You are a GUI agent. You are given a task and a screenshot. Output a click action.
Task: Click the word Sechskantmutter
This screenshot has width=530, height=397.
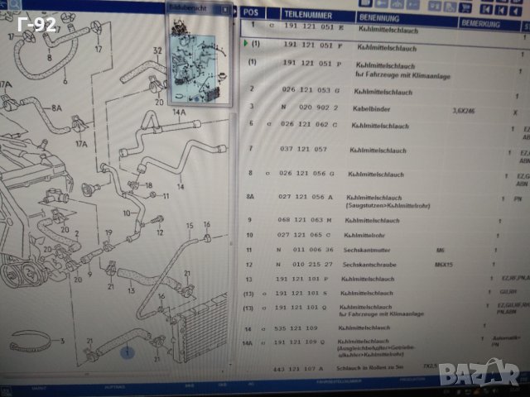[x=368, y=250]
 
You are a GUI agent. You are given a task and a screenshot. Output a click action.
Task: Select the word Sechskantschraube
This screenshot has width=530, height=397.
[x=371, y=265]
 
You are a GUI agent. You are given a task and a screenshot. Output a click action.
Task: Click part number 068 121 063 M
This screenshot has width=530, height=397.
[x=306, y=220]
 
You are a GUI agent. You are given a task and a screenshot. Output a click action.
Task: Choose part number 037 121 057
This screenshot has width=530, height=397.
[x=304, y=150]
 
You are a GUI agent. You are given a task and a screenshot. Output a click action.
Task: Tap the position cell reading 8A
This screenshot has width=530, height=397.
[x=250, y=198]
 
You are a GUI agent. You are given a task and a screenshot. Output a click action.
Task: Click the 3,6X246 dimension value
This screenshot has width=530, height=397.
[x=465, y=110]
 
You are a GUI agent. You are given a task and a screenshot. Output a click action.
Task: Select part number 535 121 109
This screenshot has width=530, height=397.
[x=303, y=328]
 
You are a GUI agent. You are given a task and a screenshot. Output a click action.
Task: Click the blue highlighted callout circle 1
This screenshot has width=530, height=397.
[x=127, y=353]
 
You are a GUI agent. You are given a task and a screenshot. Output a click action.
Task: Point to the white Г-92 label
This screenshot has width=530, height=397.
[x=37, y=25]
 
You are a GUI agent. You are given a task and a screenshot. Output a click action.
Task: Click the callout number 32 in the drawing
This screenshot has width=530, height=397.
[x=156, y=51]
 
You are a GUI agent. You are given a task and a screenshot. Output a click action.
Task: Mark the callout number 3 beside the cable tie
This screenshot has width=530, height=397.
[x=60, y=341]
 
